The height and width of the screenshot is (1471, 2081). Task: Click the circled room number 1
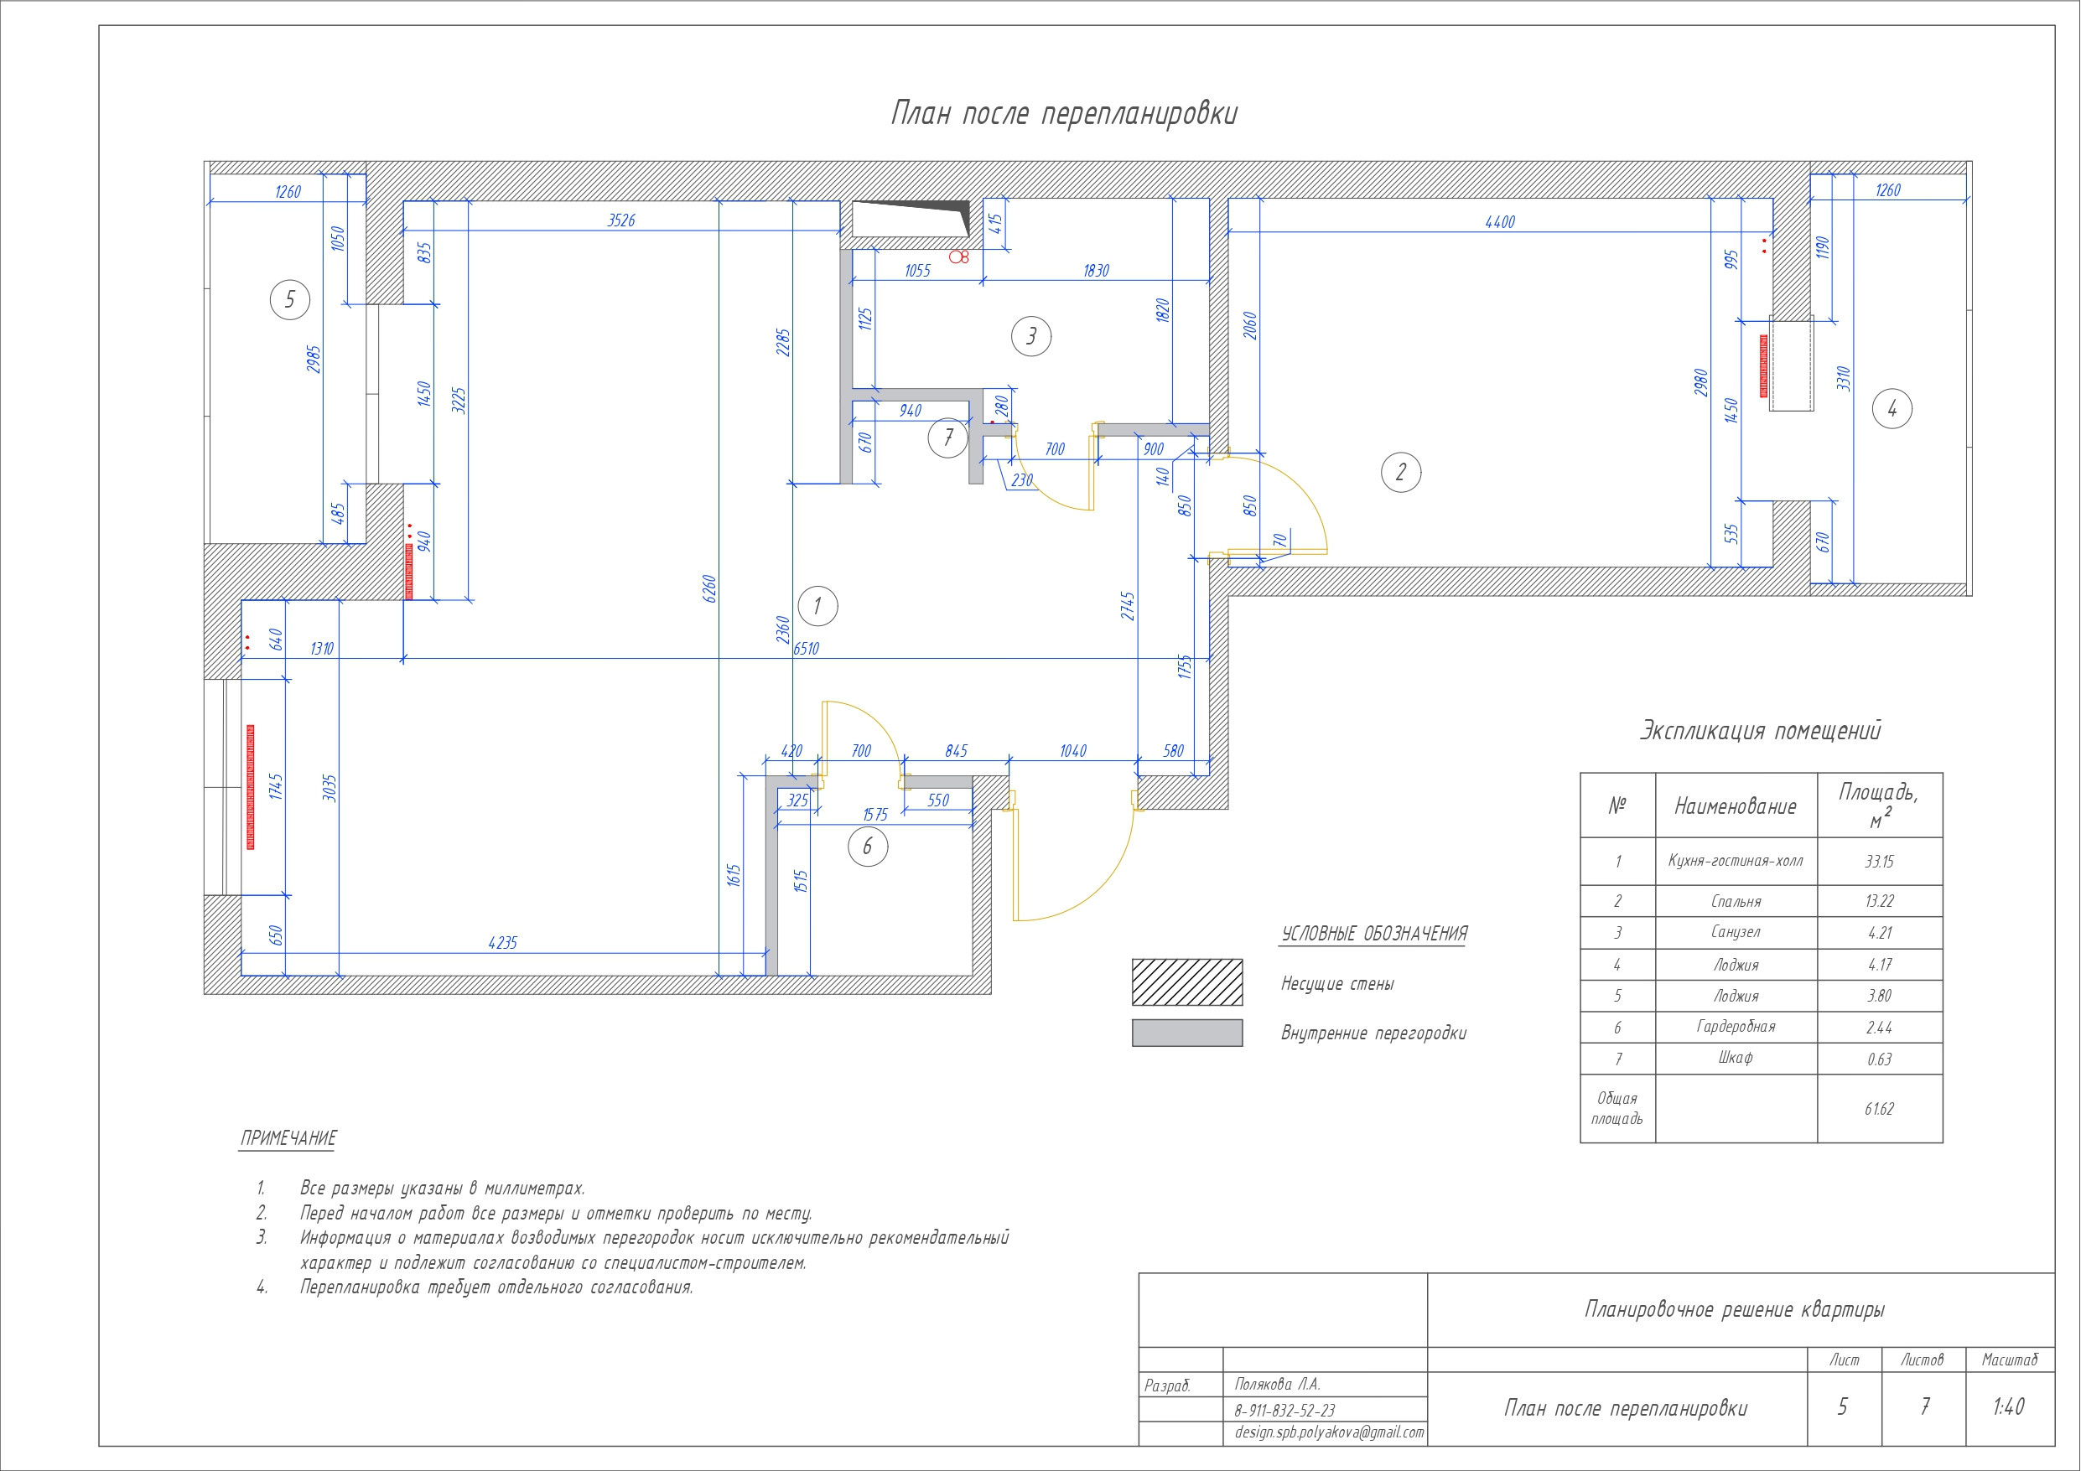pos(817,605)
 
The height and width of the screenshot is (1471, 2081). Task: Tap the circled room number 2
pos(1400,472)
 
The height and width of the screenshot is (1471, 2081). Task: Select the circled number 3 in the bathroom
pos(1030,336)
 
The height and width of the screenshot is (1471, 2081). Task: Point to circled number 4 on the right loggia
pos(1892,409)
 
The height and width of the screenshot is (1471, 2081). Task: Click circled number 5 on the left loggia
pos(290,299)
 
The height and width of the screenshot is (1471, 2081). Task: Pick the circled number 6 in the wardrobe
pos(868,847)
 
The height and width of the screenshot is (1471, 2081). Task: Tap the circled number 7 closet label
pos(948,438)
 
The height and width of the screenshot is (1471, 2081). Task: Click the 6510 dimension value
pos(806,649)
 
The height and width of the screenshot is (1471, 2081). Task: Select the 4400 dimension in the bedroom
pos(1500,222)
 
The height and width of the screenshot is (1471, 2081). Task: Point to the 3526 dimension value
pos(620,220)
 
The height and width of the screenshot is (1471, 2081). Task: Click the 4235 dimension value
pos(502,943)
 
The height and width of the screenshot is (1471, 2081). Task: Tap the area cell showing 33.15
pos(1880,861)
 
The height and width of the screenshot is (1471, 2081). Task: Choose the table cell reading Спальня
pos(1736,901)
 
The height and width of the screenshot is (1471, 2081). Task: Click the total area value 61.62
pos(1880,1108)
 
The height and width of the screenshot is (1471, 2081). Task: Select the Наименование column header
pos(1736,805)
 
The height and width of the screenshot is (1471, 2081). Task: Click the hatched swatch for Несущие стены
pos(1187,982)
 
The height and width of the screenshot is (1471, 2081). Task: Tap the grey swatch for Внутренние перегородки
pos(1187,1033)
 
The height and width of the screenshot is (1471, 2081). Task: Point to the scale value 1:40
pos(2009,1406)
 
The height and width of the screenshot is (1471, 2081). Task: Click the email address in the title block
pos(1330,1432)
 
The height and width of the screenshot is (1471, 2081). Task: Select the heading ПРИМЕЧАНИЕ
pos(288,1138)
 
